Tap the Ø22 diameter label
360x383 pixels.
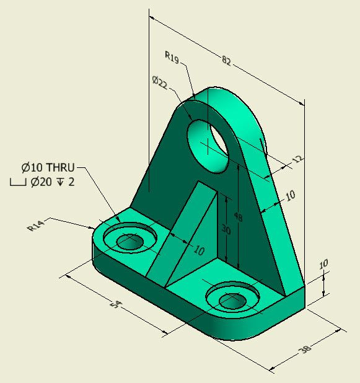click(x=160, y=82)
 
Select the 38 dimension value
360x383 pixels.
click(x=305, y=350)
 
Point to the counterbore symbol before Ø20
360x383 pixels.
click(x=18, y=183)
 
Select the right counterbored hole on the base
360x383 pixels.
click(x=233, y=298)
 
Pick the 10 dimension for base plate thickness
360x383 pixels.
click(x=323, y=265)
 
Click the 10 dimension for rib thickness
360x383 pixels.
click(x=198, y=250)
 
